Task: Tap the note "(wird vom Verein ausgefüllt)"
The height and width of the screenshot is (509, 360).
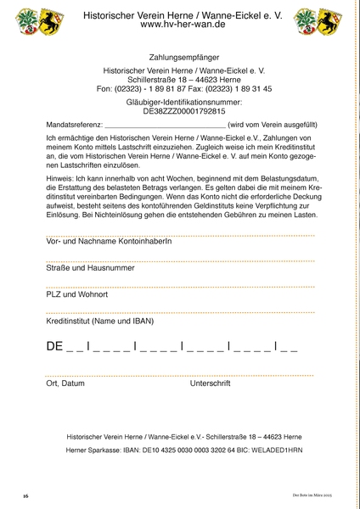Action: click(x=270, y=125)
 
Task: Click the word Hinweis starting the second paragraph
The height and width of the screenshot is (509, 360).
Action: click(x=59, y=177)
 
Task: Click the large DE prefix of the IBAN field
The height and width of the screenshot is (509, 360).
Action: click(x=54, y=346)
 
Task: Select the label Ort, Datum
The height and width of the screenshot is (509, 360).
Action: click(x=65, y=383)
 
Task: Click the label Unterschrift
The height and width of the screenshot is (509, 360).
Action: click(x=211, y=383)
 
